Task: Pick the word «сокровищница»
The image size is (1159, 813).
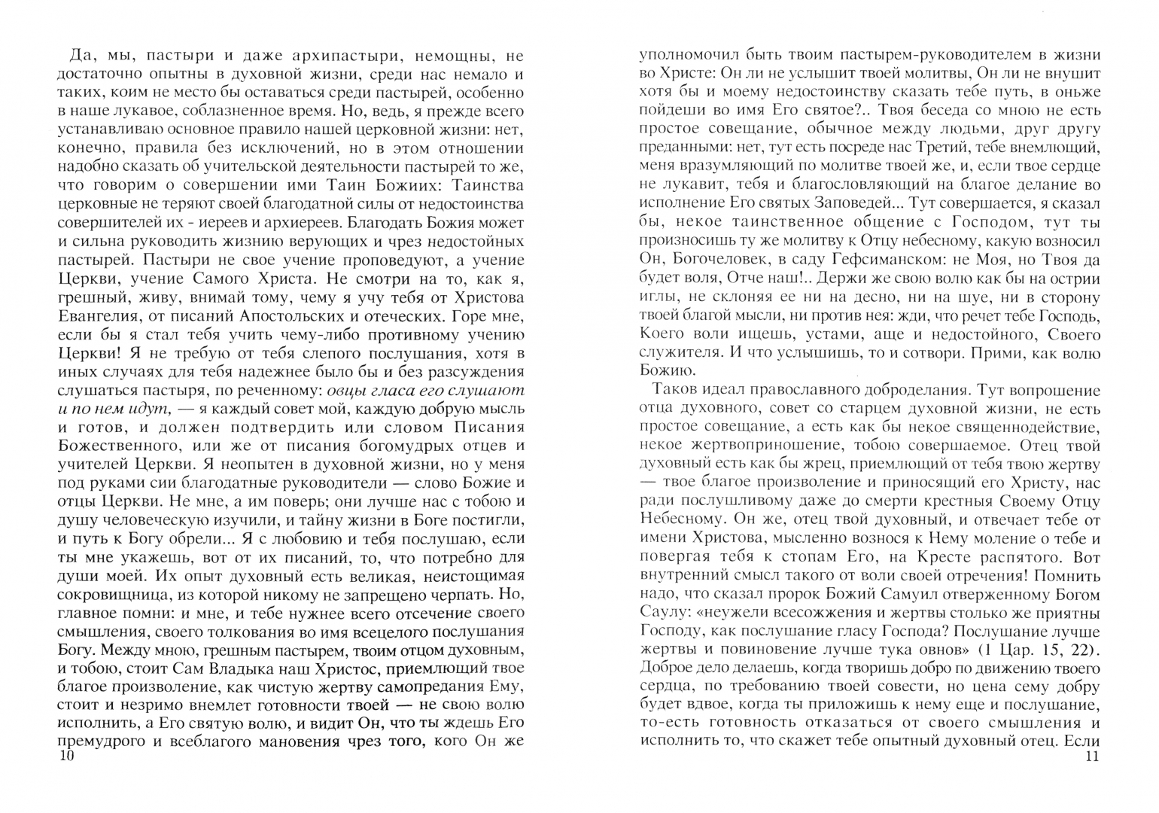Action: pyautogui.click(x=111, y=596)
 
